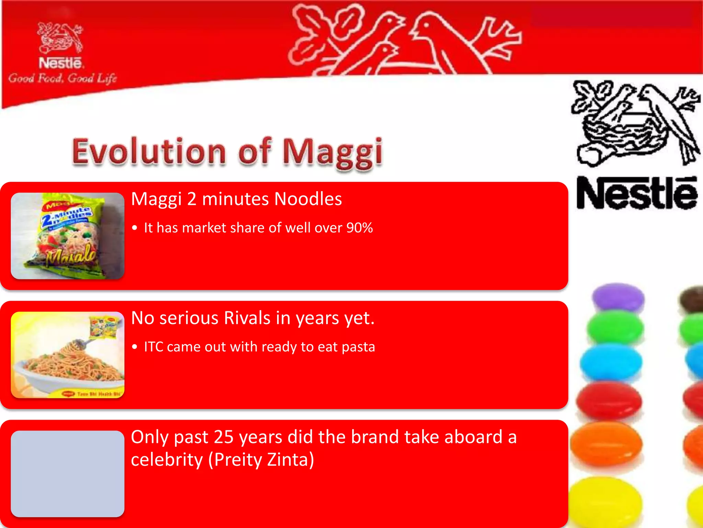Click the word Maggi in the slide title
(x=332, y=152)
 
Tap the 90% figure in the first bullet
(x=359, y=228)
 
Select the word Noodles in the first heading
(x=308, y=199)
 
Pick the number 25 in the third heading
(x=223, y=437)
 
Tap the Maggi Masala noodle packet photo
(x=68, y=236)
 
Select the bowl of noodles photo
(x=68, y=355)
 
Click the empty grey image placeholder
(x=68, y=474)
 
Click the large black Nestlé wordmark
(x=637, y=193)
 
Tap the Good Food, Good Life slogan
(x=62, y=79)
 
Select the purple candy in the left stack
(x=618, y=296)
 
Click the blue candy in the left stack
(x=611, y=362)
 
